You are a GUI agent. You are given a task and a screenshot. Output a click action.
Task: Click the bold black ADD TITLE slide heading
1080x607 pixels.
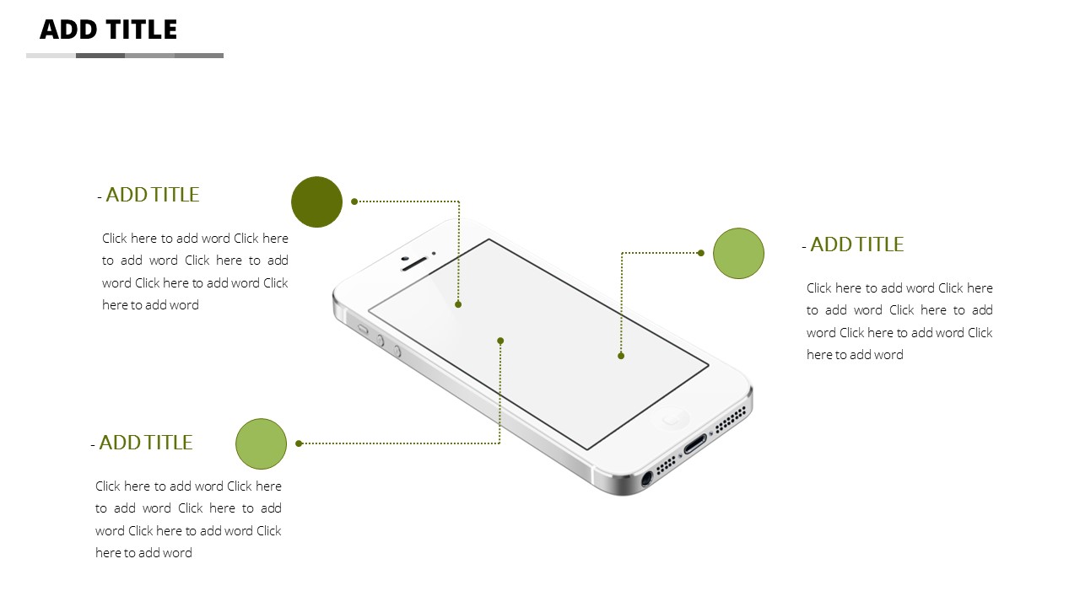(109, 30)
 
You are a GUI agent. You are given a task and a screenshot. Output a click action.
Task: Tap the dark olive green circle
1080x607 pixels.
(316, 201)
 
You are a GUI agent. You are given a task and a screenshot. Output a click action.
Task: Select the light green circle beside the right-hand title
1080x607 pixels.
(738, 254)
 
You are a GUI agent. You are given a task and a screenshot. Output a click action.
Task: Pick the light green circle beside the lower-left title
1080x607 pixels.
(262, 443)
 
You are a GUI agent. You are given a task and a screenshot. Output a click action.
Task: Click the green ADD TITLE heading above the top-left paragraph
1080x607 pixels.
(153, 195)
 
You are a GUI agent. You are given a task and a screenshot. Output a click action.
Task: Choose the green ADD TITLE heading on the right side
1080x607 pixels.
(856, 244)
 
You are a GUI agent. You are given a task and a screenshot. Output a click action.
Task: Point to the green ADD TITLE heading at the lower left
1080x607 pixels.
(146, 443)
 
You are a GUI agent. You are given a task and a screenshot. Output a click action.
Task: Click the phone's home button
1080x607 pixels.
(670, 417)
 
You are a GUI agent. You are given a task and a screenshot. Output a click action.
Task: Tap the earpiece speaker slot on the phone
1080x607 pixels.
(414, 264)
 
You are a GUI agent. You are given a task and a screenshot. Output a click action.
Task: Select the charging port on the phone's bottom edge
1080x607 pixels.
(695, 443)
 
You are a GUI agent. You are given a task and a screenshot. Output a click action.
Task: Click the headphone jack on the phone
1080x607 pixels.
(646, 479)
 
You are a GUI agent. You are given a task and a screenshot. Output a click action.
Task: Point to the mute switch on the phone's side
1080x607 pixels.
(363, 330)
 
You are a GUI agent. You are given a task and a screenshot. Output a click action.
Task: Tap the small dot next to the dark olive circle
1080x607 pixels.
(354, 201)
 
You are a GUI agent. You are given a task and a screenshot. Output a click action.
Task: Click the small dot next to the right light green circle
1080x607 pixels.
(701, 253)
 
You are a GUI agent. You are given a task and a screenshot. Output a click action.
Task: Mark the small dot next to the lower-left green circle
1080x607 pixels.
(299, 443)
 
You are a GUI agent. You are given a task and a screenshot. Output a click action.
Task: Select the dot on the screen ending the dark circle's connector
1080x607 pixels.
(458, 304)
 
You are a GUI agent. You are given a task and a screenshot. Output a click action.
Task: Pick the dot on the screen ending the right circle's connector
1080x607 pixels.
(621, 356)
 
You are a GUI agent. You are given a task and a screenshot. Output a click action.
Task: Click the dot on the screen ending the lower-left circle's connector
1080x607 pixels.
(500, 341)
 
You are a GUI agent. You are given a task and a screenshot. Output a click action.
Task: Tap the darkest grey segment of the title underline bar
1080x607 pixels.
(100, 56)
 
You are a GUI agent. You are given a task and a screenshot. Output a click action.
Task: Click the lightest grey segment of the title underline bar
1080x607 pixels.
(51, 56)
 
